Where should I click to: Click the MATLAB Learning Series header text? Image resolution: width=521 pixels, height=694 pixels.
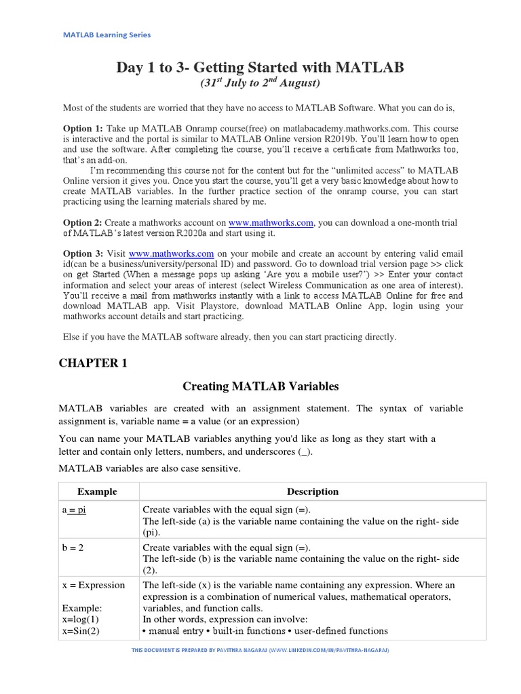(x=107, y=35)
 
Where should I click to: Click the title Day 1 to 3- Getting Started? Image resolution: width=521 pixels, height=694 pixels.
(x=260, y=67)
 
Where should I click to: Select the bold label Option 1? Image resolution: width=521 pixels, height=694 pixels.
(x=83, y=128)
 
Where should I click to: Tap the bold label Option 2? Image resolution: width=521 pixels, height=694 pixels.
(x=83, y=222)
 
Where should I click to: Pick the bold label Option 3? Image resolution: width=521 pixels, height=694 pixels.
(x=83, y=253)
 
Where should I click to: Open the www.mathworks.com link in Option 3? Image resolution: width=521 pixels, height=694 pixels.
(x=172, y=253)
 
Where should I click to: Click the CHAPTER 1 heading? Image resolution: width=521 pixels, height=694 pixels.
(x=93, y=363)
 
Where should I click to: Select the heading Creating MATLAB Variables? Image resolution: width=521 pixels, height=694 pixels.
(x=260, y=387)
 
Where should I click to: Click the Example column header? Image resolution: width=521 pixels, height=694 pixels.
(x=97, y=491)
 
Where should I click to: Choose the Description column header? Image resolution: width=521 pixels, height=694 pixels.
(x=312, y=491)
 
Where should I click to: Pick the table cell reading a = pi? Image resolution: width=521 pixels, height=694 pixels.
(x=74, y=510)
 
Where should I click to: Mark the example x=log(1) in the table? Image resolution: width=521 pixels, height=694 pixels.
(x=80, y=619)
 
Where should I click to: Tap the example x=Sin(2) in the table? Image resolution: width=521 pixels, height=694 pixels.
(x=81, y=631)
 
